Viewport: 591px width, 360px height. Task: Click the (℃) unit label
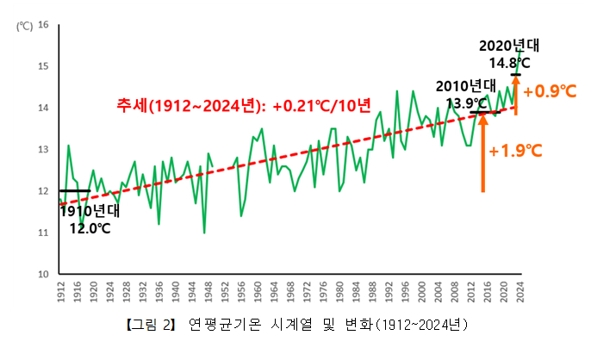point(23,25)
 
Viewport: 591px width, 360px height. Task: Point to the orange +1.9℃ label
point(514,151)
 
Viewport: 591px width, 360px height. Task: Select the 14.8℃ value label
point(509,63)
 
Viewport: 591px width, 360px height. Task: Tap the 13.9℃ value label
point(465,102)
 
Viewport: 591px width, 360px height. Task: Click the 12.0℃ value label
point(90,228)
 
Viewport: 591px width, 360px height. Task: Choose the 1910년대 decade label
point(90,210)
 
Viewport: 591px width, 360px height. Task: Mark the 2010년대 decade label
point(465,86)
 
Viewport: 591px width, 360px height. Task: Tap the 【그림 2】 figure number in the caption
point(151,325)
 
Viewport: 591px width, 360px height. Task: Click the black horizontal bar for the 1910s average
point(75,191)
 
